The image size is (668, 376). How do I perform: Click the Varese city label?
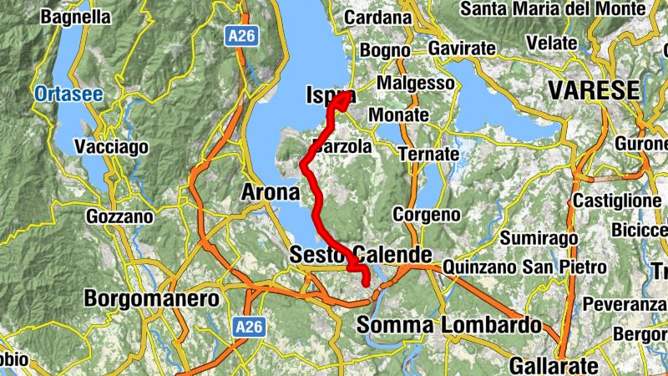point(594,90)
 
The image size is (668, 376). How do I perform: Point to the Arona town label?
point(270,193)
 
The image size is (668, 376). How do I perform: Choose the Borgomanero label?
point(152,298)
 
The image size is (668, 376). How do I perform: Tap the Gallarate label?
point(554,365)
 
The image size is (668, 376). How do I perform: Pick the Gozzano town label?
point(119,217)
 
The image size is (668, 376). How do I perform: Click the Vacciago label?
point(111,147)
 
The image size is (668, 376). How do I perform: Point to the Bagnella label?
point(75,17)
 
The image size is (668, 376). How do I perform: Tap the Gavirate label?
point(462,49)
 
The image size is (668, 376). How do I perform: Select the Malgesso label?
point(416,84)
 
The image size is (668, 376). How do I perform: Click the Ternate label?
point(428,155)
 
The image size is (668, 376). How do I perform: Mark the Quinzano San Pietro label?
point(525,267)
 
